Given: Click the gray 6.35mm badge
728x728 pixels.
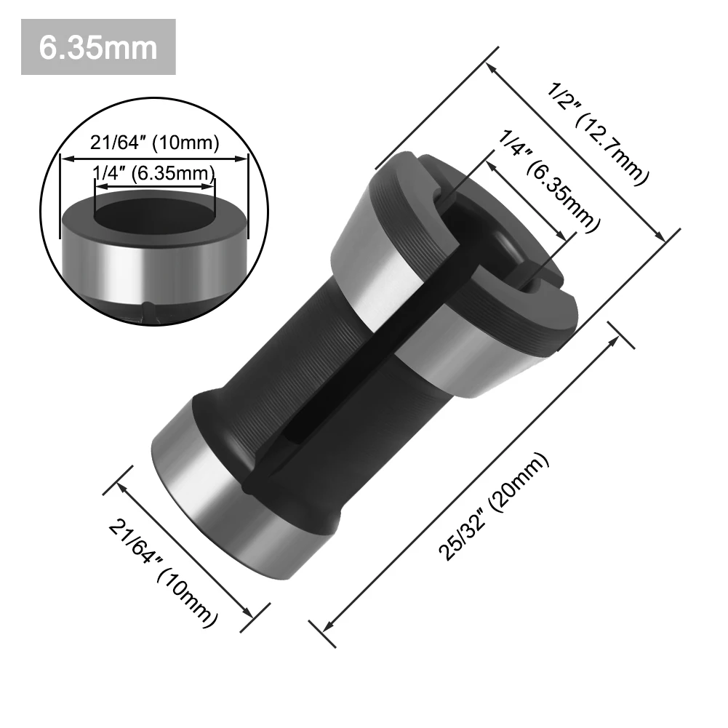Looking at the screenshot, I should tap(98, 47).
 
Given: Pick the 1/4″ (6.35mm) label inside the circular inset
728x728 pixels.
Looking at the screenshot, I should tap(155, 173).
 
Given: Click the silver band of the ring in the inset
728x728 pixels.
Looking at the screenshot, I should tap(155, 269).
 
